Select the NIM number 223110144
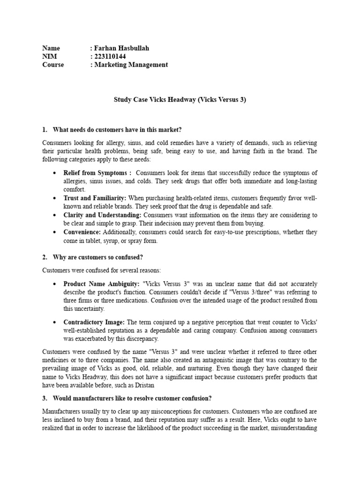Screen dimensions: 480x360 click(110, 56)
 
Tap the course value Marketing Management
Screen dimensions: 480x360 click(131, 65)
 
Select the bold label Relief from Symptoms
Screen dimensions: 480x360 click(97, 173)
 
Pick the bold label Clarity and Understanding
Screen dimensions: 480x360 click(102, 215)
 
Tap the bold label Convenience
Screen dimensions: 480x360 click(82, 232)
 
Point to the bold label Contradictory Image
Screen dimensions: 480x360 click(94, 322)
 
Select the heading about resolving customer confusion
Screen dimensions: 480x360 click(132, 398)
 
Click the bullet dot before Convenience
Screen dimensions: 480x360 click(56, 232)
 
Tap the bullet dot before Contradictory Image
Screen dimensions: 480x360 click(56, 322)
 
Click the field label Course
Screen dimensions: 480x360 click(53, 65)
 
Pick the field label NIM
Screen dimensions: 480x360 click(49, 56)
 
